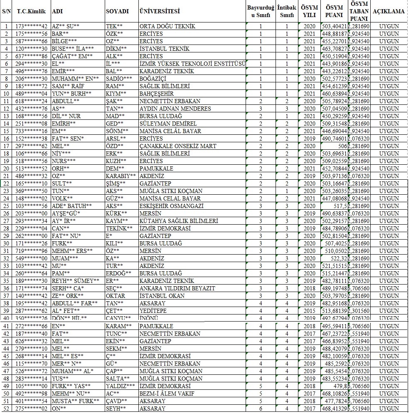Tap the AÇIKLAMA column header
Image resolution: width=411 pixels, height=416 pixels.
[x=389, y=11]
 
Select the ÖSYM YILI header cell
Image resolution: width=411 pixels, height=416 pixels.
[x=309, y=11]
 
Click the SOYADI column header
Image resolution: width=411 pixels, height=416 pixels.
[x=117, y=11]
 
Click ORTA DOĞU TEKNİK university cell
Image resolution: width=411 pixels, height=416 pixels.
[x=167, y=26]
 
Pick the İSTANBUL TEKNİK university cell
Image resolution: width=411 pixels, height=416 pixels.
[x=165, y=49]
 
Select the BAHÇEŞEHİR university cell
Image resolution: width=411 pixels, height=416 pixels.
[x=157, y=94]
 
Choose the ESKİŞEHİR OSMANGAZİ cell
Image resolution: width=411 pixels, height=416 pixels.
[x=172, y=206]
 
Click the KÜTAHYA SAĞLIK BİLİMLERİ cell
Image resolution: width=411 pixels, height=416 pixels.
[x=179, y=221]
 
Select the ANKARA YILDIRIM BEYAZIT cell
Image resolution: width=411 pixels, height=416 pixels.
[x=177, y=288]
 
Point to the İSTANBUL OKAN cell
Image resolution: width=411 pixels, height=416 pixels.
[x=160, y=296]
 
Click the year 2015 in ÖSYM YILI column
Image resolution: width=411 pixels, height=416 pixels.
[x=309, y=311]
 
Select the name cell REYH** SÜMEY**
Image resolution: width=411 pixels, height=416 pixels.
[x=76, y=281]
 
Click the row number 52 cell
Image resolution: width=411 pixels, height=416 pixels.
[x=6, y=409]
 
